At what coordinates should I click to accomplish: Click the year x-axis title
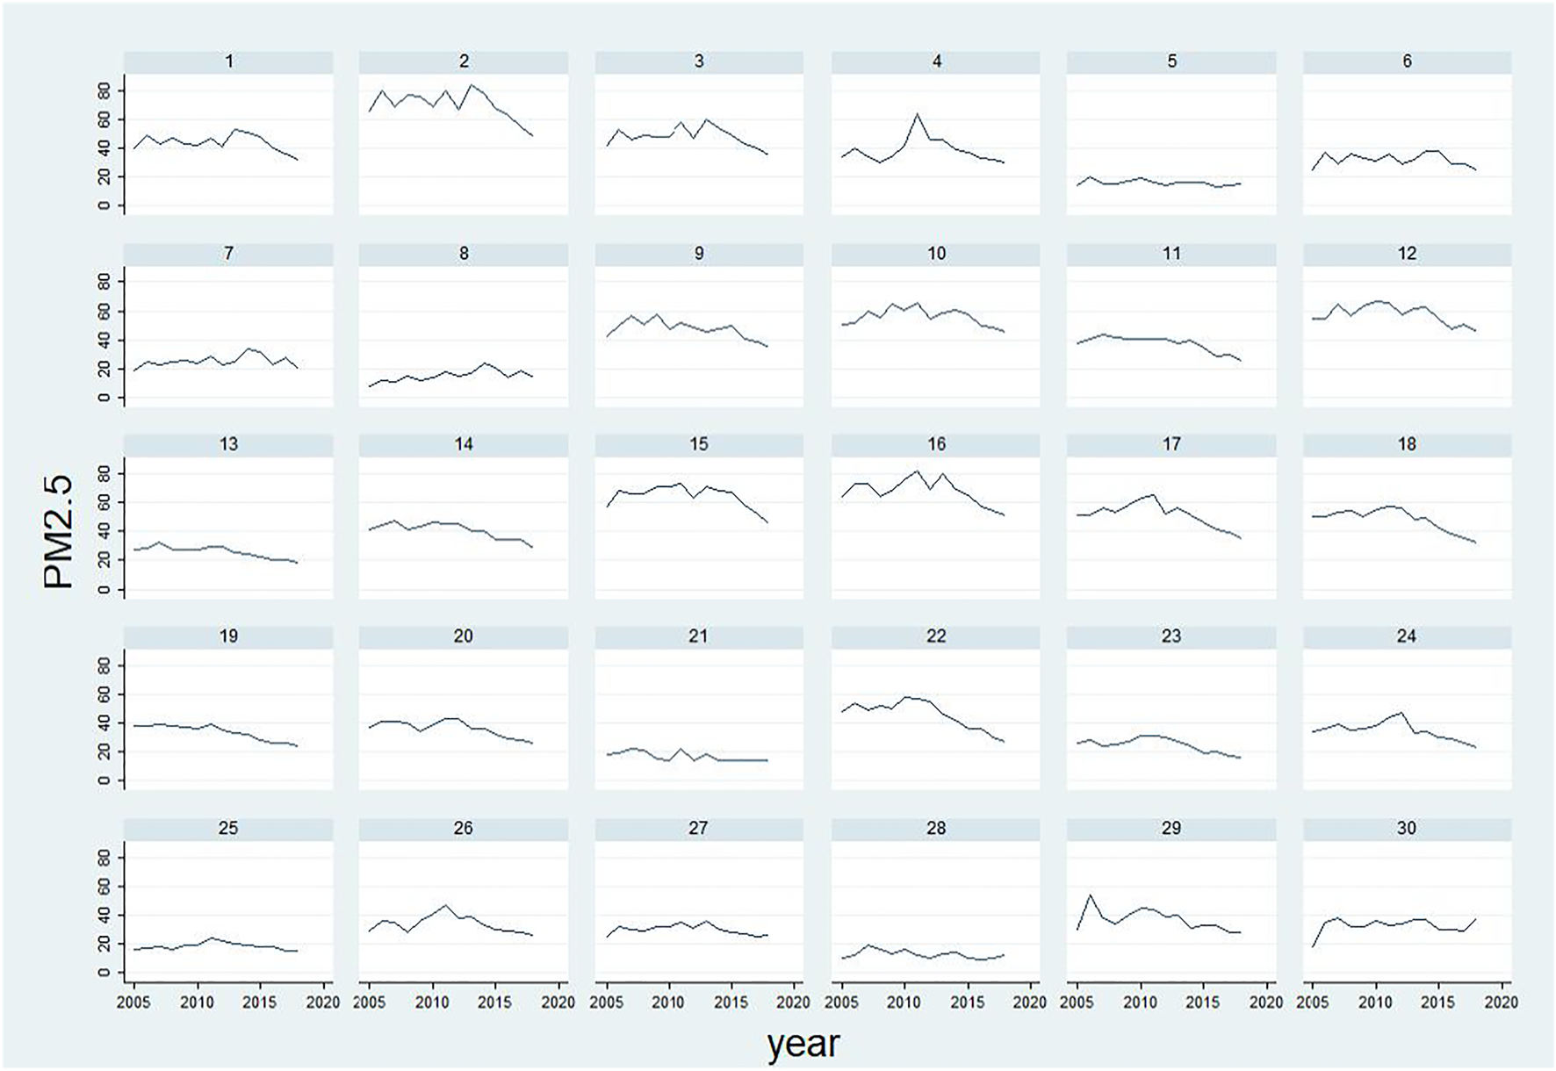tap(803, 1044)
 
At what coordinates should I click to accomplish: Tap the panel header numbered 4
tap(936, 61)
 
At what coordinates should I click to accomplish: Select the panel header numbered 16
tap(936, 444)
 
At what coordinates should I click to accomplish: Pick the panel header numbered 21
tap(698, 636)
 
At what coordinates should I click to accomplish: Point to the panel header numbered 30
tap(1407, 828)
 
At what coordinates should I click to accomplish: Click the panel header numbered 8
tap(464, 253)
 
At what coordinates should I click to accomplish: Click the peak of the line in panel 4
tap(918, 113)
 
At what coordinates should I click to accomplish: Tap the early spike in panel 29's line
tap(1090, 895)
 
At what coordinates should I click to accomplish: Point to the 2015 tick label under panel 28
tap(968, 1002)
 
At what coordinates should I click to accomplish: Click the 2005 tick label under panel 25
tap(133, 1002)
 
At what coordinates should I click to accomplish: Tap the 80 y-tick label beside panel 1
tap(104, 90)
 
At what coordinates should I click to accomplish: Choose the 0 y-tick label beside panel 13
tap(104, 589)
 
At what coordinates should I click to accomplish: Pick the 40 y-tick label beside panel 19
tap(104, 723)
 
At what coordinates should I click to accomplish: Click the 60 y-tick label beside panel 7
tap(104, 311)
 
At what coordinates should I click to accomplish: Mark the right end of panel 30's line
tap(1477, 919)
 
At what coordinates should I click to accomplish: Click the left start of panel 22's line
tap(842, 712)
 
